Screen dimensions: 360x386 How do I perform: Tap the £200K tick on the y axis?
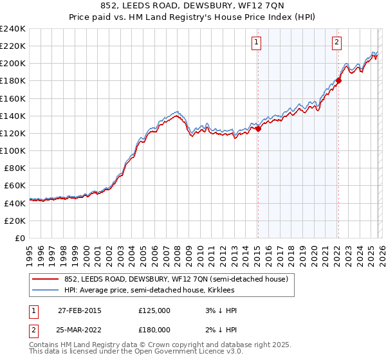[13, 64]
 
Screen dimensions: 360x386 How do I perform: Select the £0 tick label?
[21, 238]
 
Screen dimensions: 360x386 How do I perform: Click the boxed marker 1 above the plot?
[257, 43]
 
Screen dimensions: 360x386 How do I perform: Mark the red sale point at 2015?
[258, 129]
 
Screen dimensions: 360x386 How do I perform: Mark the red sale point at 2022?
[338, 81]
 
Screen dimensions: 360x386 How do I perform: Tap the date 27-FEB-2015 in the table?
[79, 310]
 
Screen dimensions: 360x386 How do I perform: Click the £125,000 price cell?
[154, 310]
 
